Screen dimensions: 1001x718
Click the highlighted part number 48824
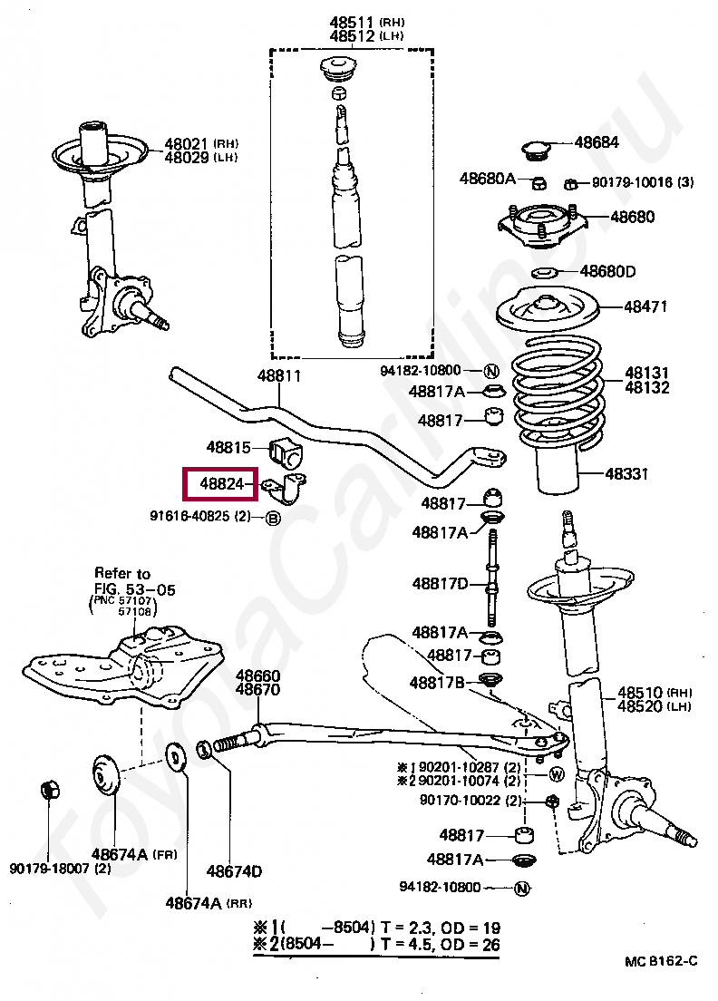pos(221,485)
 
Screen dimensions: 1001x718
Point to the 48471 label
pos(645,306)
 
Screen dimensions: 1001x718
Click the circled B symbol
pos(272,518)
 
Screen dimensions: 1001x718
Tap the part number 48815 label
pos(228,447)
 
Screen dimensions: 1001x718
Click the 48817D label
pos(440,583)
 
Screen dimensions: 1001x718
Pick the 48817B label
pos(437,682)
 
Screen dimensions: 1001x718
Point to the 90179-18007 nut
pos(51,790)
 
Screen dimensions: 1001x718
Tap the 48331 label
pos(626,473)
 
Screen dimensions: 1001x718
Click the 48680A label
pos(487,179)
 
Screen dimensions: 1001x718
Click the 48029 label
pos(186,158)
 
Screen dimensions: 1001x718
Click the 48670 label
pos(258,690)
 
